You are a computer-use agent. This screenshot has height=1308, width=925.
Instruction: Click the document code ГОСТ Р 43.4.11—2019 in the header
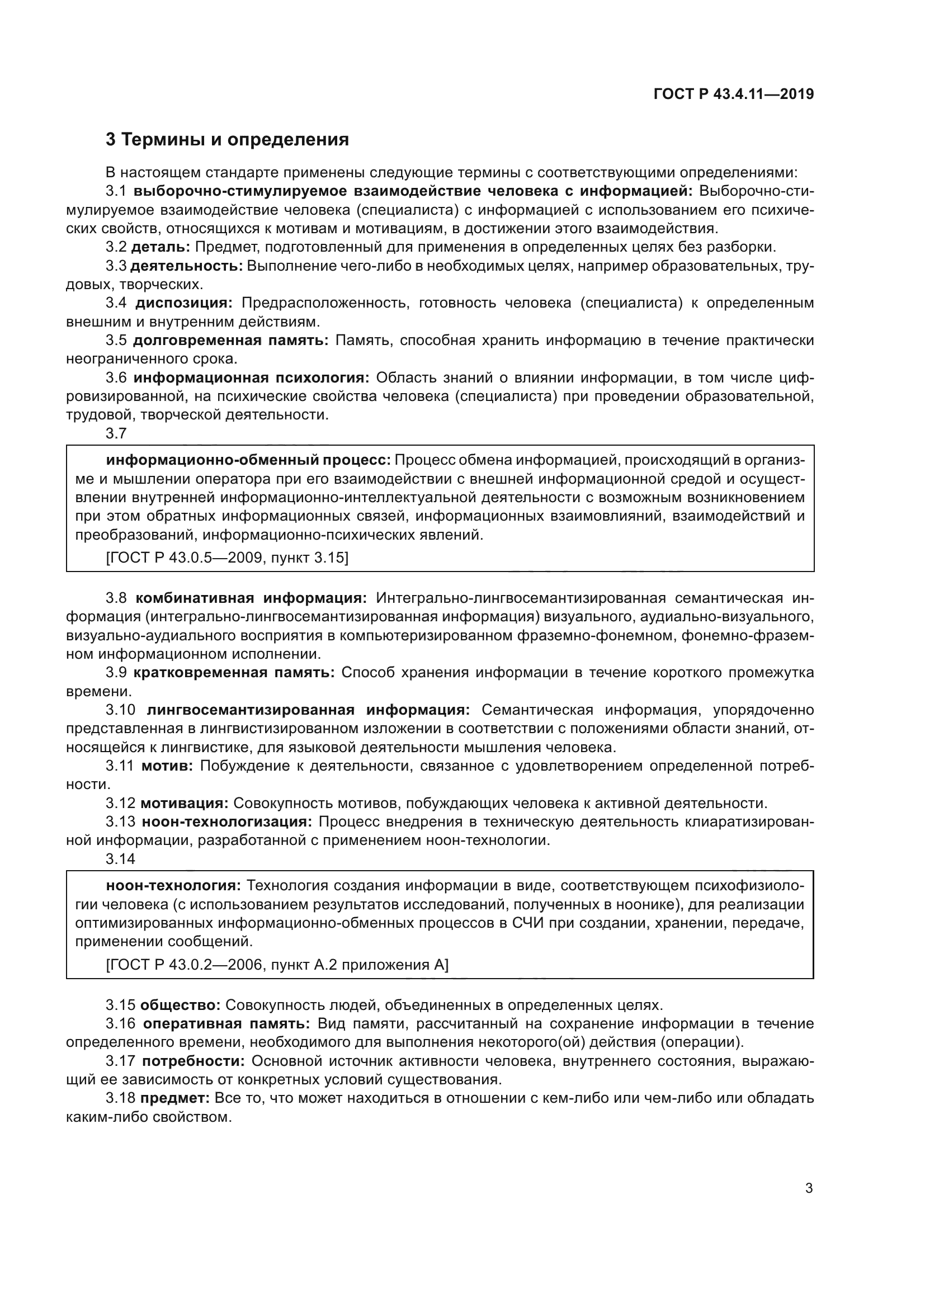(733, 95)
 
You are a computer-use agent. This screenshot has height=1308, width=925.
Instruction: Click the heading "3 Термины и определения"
(227, 140)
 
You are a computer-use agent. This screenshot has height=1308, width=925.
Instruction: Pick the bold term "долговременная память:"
(230, 341)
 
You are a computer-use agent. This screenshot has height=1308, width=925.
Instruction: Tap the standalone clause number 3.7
(116, 433)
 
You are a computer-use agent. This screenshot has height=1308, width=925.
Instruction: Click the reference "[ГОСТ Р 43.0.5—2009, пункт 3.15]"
(226, 556)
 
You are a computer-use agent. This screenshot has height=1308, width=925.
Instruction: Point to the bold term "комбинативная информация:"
(251, 598)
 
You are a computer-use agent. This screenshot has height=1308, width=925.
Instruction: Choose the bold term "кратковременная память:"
(234, 673)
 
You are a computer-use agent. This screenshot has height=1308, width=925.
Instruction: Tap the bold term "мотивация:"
(184, 803)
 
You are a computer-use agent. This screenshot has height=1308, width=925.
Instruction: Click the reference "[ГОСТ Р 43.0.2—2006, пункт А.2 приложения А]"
(277, 965)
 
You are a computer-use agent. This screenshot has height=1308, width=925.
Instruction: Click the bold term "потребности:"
(193, 1061)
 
